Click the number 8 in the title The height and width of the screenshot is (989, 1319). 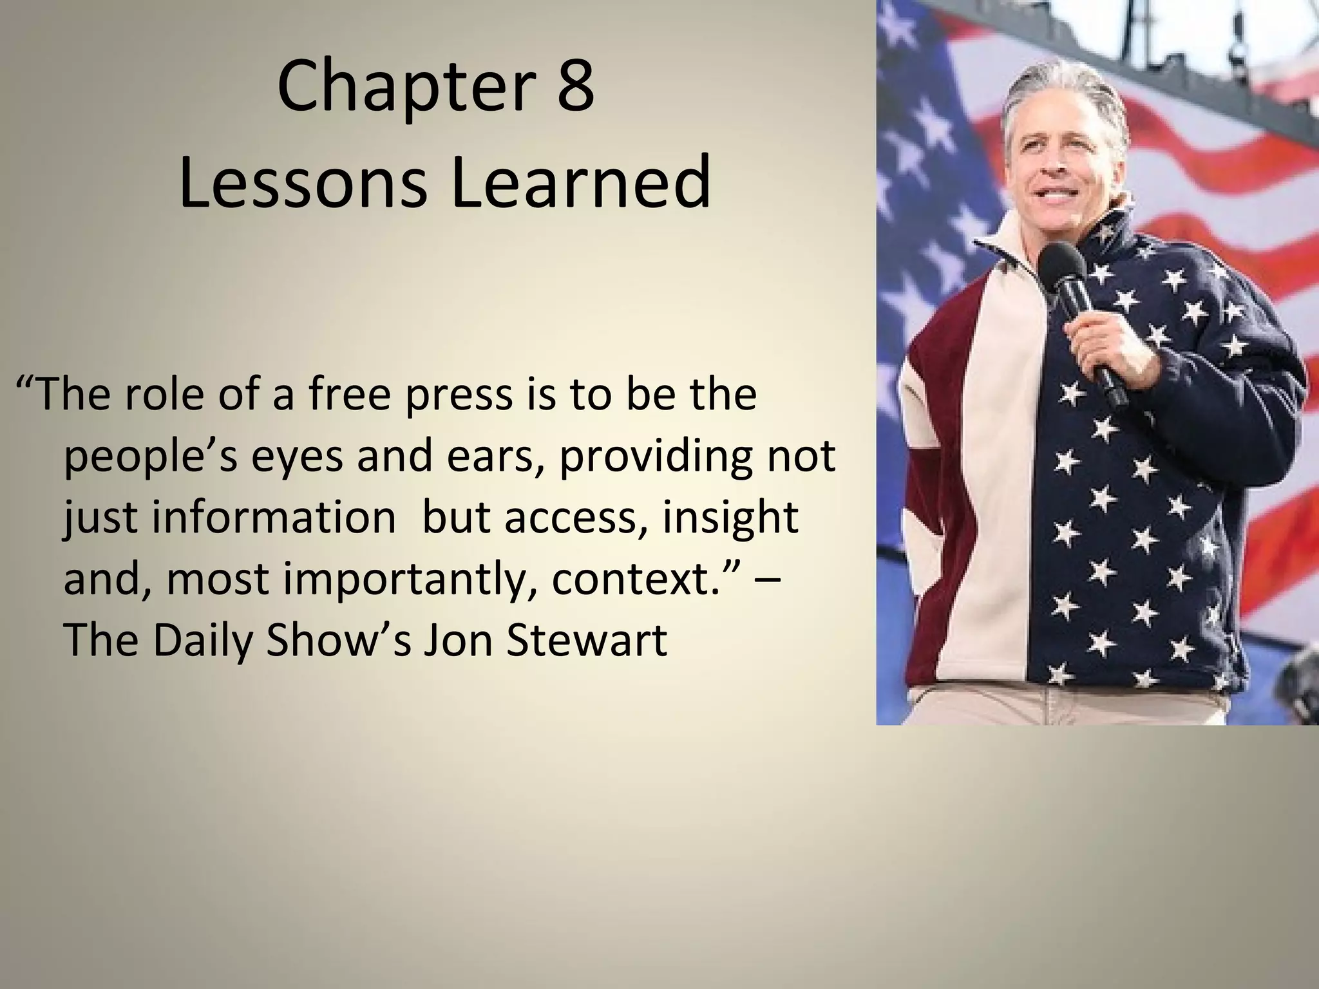pos(574,86)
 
